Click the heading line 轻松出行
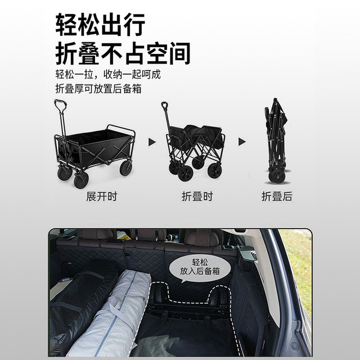pyautogui.click(x=100, y=25)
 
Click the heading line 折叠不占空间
pyautogui.click(x=123, y=53)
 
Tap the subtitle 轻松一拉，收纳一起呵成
pyautogui.click(x=104, y=74)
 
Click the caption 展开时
pyautogui.click(x=101, y=197)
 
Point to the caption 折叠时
pyautogui.click(x=197, y=197)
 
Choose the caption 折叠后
pyautogui.click(x=277, y=197)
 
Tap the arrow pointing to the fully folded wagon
pyautogui.click(x=242, y=142)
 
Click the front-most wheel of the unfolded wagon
pyautogui.click(x=81, y=179)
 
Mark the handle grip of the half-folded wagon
pyautogui.click(x=165, y=106)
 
